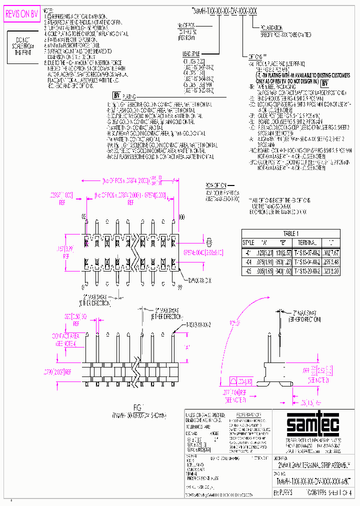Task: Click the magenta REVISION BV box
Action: click(x=21, y=14)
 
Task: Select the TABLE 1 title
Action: click(x=290, y=233)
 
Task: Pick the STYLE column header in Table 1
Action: click(x=248, y=242)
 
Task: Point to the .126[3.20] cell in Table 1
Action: click(x=264, y=251)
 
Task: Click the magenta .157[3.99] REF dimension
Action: click(x=70, y=250)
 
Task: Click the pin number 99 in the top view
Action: click(x=180, y=287)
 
